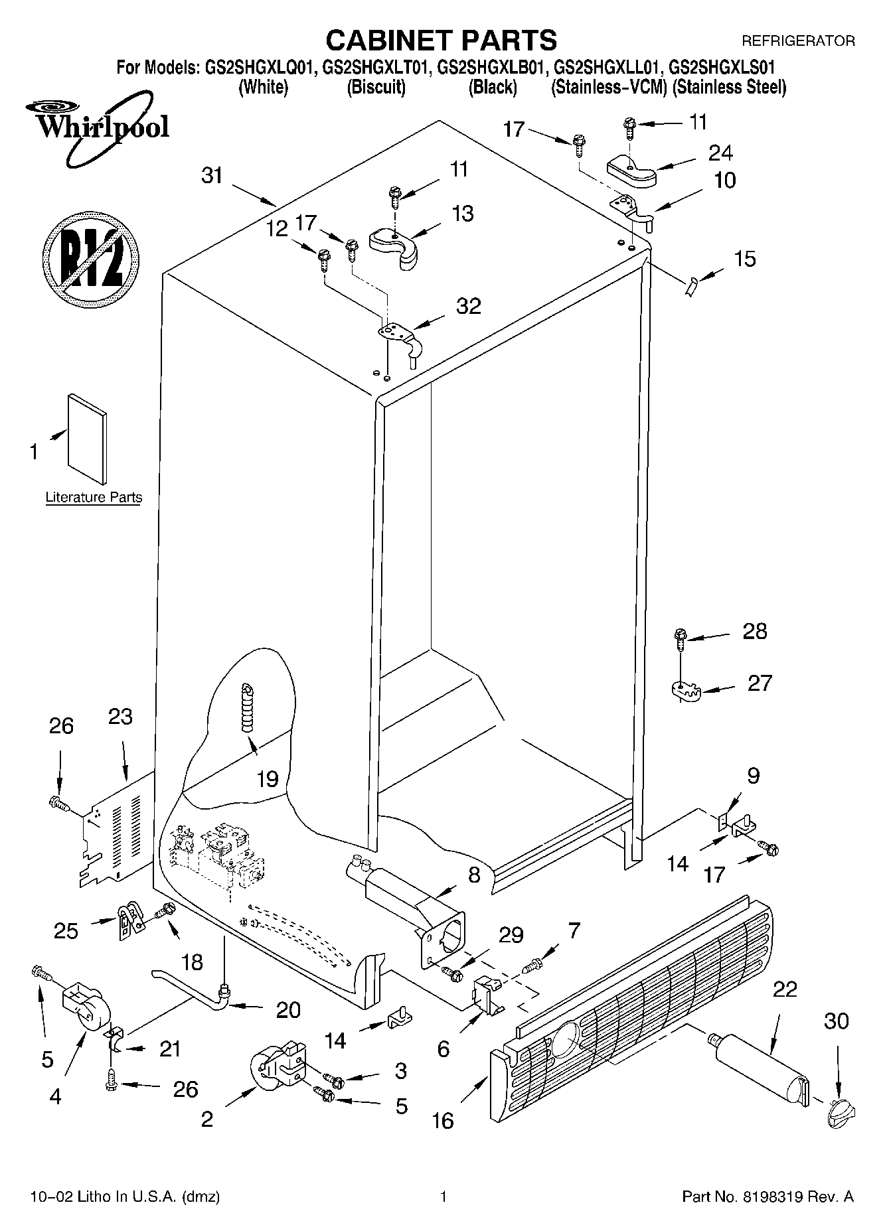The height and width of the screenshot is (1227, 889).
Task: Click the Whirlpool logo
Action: [x=98, y=127]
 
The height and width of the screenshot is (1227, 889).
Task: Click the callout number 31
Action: [x=212, y=177]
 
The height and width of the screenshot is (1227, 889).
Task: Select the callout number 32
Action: [x=469, y=306]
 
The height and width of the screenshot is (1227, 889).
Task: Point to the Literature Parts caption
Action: [x=94, y=497]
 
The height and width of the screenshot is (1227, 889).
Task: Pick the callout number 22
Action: [x=784, y=989]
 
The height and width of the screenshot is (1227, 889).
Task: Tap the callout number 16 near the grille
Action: [x=443, y=1121]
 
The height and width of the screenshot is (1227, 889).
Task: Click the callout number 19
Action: [x=267, y=778]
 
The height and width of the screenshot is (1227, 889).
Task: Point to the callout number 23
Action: [x=120, y=717]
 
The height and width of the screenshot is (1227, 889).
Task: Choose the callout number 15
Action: [x=745, y=259]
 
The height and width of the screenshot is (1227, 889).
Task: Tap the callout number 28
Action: [x=755, y=631]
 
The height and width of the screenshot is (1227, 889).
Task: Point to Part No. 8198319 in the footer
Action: [x=768, y=1197]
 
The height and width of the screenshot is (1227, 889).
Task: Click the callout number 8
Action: [x=473, y=875]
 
